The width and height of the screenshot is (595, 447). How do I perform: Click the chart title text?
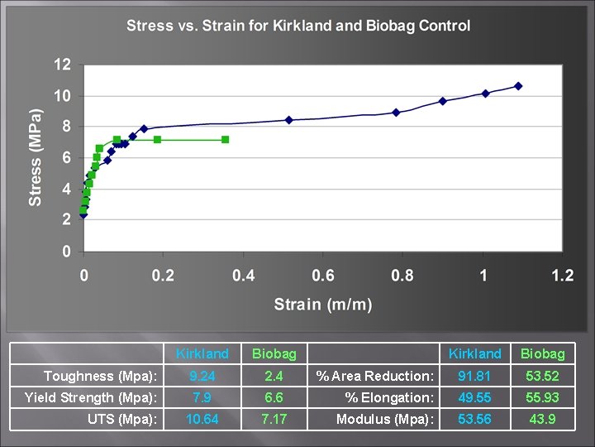(298, 26)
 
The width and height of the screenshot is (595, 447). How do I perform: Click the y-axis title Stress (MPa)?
(36, 157)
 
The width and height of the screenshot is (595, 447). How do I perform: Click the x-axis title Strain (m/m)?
(323, 304)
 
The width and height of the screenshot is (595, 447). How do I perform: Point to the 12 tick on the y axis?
(62, 65)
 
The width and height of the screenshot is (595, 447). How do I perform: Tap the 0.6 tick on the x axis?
(323, 275)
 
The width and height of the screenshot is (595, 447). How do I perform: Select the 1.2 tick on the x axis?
(563, 275)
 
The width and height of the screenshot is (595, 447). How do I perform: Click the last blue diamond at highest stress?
(518, 86)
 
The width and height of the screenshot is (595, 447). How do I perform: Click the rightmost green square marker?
(225, 140)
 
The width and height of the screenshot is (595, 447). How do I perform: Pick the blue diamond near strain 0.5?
(289, 120)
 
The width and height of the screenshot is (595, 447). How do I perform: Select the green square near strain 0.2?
(157, 140)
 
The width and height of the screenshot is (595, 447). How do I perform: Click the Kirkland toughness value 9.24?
(202, 376)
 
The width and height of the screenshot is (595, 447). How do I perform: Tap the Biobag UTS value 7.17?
(274, 419)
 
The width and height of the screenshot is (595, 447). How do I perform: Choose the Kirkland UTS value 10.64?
(202, 419)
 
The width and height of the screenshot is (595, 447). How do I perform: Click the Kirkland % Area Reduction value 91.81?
(475, 376)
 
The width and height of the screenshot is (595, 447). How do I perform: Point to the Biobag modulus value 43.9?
(542, 419)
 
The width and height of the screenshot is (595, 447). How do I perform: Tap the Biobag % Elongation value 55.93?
(542, 397)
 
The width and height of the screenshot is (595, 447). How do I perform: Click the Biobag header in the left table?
(274, 353)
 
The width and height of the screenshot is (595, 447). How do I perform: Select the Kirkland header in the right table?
(475, 353)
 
